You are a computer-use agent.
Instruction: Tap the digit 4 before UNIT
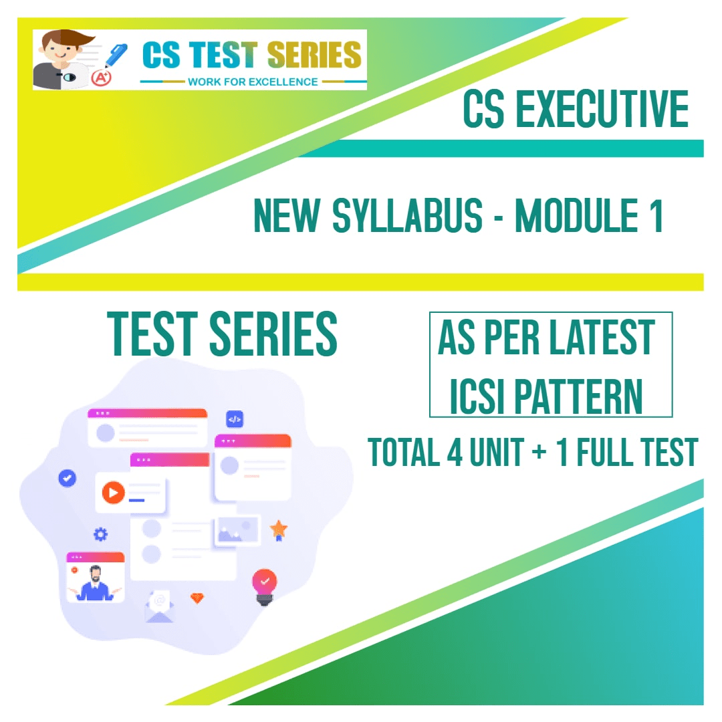pyautogui.click(x=453, y=452)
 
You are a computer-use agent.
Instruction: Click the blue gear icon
pyautogui.click(x=100, y=534)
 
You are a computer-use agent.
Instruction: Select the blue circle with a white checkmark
pyautogui.click(x=67, y=478)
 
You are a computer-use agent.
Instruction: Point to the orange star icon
pyautogui.click(x=279, y=529)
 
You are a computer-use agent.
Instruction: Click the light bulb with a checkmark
pyautogui.click(x=265, y=584)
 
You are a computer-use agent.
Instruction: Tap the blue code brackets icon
pyautogui.click(x=234, y=420)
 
